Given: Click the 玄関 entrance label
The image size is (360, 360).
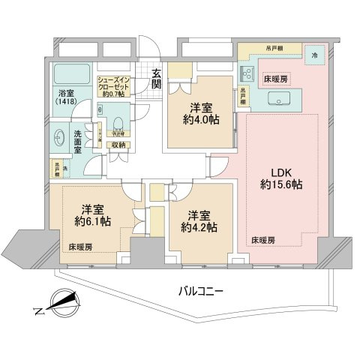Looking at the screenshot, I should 157,78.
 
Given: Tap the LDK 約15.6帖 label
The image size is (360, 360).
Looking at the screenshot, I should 281,175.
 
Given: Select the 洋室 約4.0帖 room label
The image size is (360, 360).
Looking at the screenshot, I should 199,113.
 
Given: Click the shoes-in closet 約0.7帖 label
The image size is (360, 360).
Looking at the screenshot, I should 115,88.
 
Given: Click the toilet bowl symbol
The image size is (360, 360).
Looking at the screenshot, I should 118,121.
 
